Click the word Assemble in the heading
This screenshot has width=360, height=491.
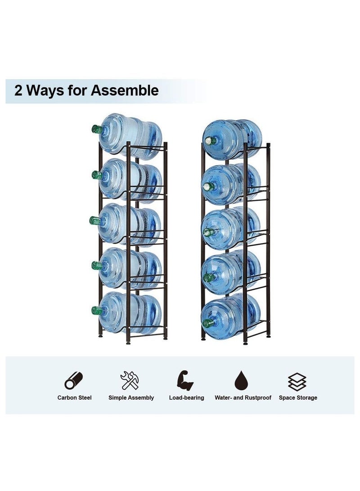pyautogui.click(x=125, y=90)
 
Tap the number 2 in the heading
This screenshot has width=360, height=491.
pyautogui.click(x=18, y=90)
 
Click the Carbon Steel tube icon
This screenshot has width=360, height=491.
pyautogui.click(x=74, y=380)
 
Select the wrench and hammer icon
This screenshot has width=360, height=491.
pyautogui.click(x=130, y=380)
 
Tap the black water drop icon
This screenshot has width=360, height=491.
pyautogui.click(x=242, y=382)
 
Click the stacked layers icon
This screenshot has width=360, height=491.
pyautogui.click(x=297, y=381)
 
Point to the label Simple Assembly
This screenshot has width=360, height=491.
pyautogui.click(x=131, y=398)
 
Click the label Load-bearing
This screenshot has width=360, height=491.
pyautogui.click(x=186, y=398)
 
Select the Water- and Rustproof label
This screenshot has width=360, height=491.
pyautogui.click(x=243, y=398)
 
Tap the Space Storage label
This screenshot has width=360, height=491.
pyautogui.click(x=298, y=398)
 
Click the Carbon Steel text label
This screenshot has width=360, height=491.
pyautogui.click(x=74, y=398)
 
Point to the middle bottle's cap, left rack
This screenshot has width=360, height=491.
pyautogui.click(x=95, y=220)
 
